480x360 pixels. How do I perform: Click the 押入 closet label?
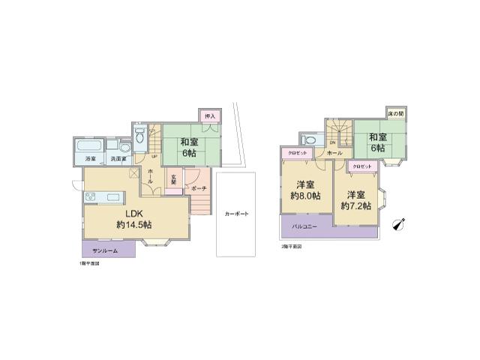point(211,116)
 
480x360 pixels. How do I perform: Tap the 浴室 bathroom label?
point(90,159)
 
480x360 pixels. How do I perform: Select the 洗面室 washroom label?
point(118,159)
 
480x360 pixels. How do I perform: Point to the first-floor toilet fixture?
point(140,139)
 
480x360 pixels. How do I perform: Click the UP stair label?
point(154,157)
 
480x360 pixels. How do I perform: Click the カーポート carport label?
point(236,214)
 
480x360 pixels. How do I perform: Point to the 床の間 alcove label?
point(394,113)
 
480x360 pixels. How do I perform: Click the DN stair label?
point(332,142)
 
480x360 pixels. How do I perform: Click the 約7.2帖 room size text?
point(357,205)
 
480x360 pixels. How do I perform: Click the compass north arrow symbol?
point(397,224)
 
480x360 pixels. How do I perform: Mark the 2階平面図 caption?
point(291,246)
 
